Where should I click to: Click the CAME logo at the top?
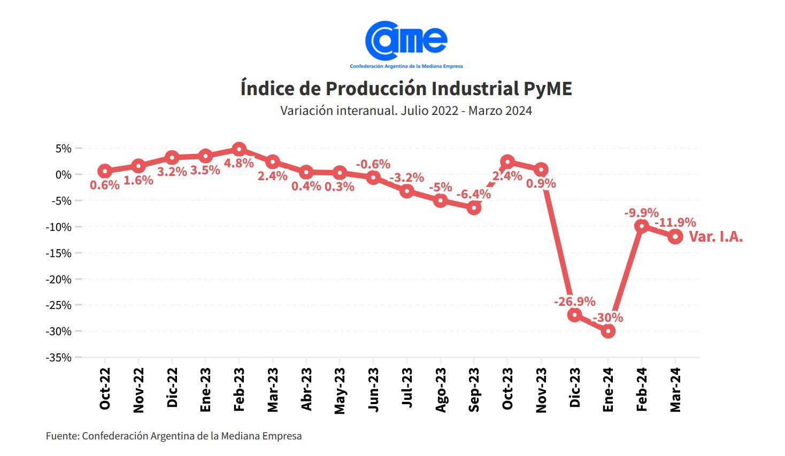tap(406, 43)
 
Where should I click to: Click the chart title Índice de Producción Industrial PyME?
tap(406, 89)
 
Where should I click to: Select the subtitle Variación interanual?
tap(406, 111)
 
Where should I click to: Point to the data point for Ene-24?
tap(608, 331)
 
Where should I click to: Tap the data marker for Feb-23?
tap(239, 149)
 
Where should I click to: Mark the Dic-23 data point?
tap(574, 315)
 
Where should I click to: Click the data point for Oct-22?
tap(105, 171)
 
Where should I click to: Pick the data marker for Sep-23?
tap(474, 208)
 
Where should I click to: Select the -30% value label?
tap(608, 318)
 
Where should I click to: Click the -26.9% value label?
tap(574, 302)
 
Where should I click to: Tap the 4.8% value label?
tap(239, 163)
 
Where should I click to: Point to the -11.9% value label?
tap(675, 222)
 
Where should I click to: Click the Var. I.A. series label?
tap(716, 237)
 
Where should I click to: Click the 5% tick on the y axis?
tap(63, 149)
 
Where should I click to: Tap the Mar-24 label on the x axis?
tap(675, 390)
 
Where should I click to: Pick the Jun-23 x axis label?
tap(373, 390)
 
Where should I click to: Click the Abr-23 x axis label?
tap(306, 390)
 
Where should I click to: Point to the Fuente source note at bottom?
tap(174, 436)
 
